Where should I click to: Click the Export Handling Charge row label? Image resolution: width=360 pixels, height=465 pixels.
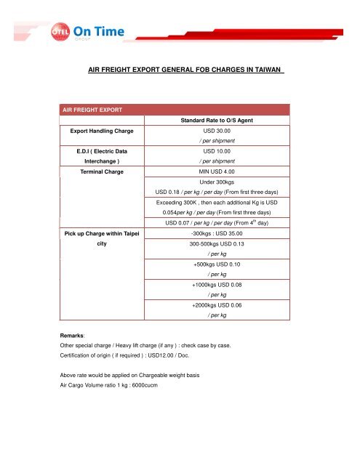pos(101,133)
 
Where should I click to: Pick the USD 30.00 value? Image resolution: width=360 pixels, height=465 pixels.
pos(218,133)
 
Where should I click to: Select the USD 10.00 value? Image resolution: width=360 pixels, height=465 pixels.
pos(218,153)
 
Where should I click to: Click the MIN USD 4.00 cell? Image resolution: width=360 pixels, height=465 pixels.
pos(219,172)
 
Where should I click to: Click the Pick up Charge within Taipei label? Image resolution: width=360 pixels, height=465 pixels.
pos(100,233)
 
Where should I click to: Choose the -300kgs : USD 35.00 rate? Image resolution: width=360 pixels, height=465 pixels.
pos(219,233)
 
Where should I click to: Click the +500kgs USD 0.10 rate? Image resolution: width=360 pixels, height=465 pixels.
pos(219,265)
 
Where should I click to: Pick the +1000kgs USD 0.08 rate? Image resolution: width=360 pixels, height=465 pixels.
pos(219,286)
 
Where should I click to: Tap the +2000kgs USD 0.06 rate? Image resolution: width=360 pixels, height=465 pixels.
pos(219,306)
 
